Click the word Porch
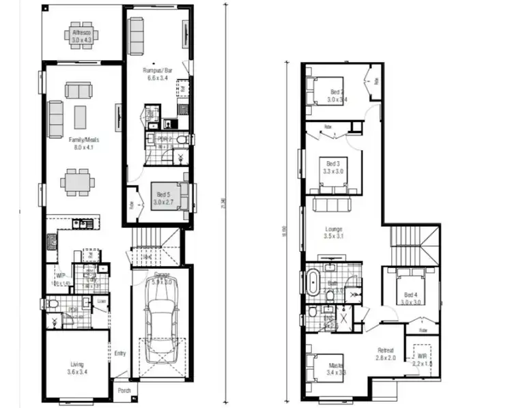(124, 391)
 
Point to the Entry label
(119, 353)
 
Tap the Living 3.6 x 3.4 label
(76, 368)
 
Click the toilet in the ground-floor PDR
(52, 304)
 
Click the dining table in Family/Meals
(77, 183)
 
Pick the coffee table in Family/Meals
(81, 116)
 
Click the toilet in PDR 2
(181, 141)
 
